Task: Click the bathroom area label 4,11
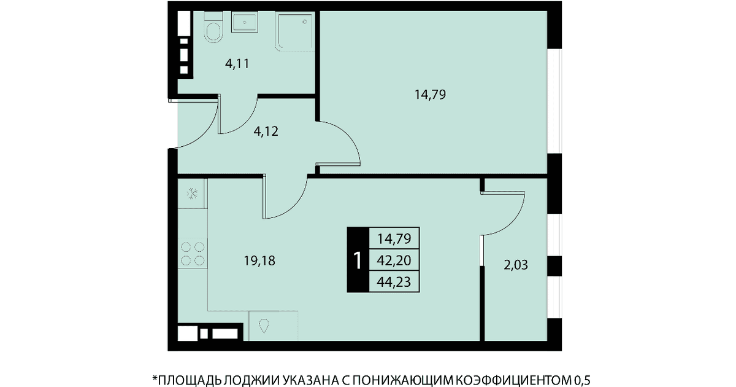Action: tap(237, 63)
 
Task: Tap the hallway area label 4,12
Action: tap(266, 131)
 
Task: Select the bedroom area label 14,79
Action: tap(430, 95)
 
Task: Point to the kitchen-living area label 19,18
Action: tap(259, 261)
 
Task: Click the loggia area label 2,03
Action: tap(516, 265)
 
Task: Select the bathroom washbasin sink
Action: tap(245, 22)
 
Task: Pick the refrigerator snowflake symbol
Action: tap(192, 193)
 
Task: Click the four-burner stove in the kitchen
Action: tap(193, 253)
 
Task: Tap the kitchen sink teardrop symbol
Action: tap(264, 326)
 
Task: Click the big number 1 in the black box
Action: tap(358, 260)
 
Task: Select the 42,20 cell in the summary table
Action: tap(394, 260)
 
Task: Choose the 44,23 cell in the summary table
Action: tap(394, 282)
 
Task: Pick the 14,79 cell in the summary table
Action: tap(394, 238)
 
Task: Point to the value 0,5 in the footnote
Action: tap(582, 380)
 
